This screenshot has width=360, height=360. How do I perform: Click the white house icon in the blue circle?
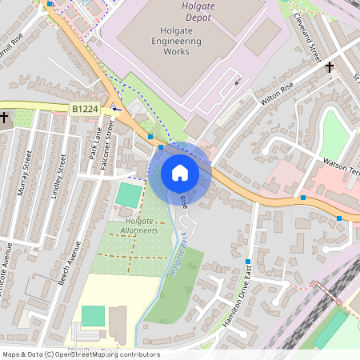[x=180, y=172]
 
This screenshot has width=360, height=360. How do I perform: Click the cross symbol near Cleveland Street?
[x=330, y=67]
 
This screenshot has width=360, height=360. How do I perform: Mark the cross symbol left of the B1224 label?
[x=5, y=118]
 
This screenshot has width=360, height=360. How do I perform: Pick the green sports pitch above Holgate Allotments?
[x=128, y=194]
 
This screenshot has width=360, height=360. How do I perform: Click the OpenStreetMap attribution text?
[x=80, y=354]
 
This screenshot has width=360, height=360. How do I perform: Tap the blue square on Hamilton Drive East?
[x=248, y=262]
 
